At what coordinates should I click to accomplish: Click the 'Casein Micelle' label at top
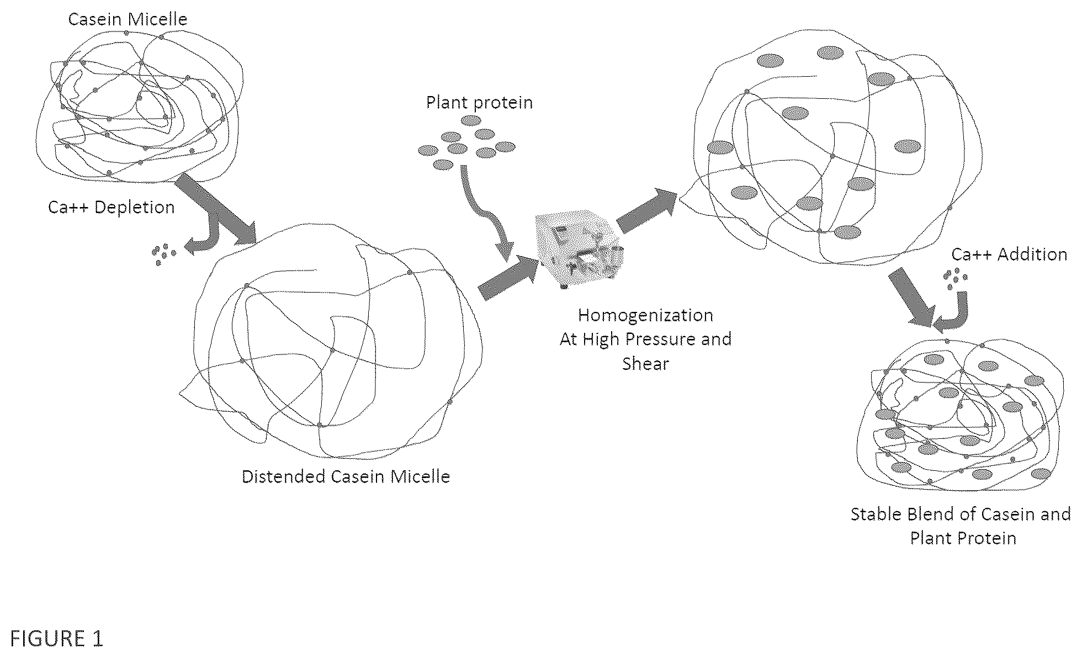click(x=128, y=19)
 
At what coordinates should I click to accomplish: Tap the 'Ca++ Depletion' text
click(x=112, y=207)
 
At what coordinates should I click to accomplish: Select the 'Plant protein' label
click(x=479, y=103)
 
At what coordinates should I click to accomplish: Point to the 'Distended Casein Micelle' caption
click(x=346, y=476)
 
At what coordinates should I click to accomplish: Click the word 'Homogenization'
click(x=645, y=315)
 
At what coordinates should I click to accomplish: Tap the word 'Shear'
click(x=645, y=364)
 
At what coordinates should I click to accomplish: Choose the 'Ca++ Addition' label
click(x=1009, y=254)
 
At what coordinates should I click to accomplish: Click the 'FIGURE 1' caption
click(x=57, y=639)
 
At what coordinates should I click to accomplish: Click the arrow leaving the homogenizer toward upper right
click(x=646, y=211)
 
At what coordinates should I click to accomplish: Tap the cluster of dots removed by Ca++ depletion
click(x=164, y=254)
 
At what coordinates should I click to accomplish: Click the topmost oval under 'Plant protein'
click(x=471, y=121)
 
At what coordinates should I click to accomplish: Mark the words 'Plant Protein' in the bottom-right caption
click(x=963, y=538)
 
